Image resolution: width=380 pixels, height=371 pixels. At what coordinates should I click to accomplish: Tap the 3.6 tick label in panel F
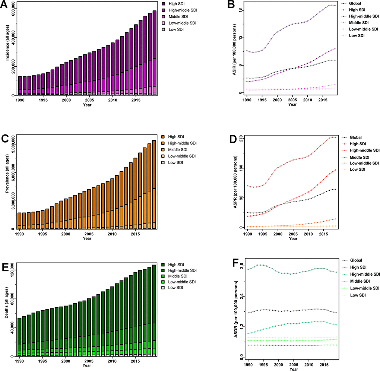[x=241, y=265]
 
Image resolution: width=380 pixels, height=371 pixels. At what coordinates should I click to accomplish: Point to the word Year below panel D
[x=293, y=238]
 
